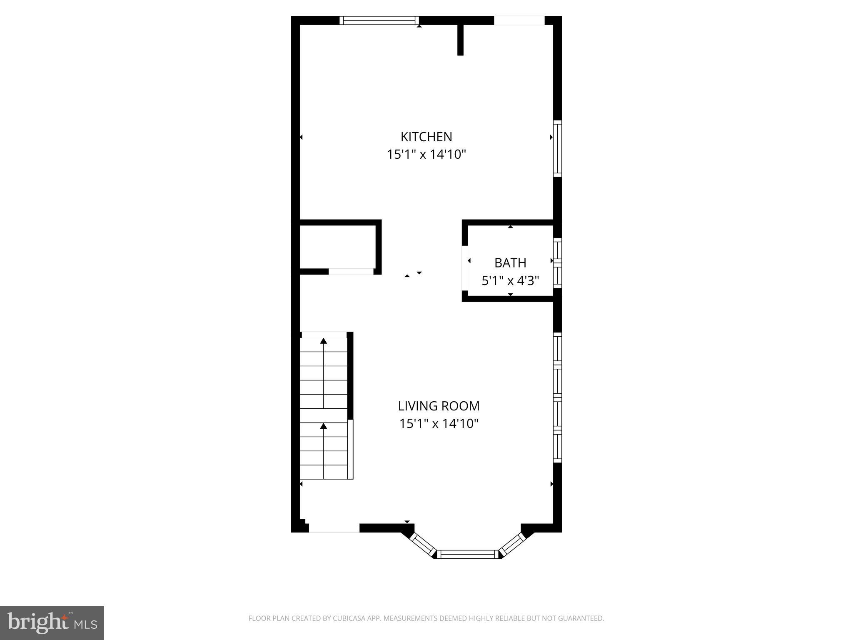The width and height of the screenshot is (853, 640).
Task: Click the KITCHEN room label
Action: point(426,137)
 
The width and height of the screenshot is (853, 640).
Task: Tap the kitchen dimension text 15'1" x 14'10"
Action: point(426,155)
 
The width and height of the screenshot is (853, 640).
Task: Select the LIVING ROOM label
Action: point(439,406)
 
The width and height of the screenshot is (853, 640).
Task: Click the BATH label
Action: point(510,263)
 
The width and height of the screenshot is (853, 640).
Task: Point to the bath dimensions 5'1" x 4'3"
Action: point(510,281)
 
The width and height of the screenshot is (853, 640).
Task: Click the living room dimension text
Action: point(439,424)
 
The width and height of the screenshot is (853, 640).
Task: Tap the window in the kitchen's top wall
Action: point(379,20)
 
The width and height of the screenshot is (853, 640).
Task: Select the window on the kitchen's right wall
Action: point(557,148)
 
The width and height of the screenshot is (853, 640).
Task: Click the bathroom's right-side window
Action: point(557,262)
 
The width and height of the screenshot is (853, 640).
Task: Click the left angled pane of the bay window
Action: point(423,544)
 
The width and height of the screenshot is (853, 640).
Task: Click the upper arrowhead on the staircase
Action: point(324,341)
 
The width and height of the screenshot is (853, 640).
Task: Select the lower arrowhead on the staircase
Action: point(324,426)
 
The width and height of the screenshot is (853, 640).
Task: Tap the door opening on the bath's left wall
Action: point(465,267)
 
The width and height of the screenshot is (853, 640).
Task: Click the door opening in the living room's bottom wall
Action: point(334,528)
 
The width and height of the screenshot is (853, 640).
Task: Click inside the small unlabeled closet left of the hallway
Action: point(337,247)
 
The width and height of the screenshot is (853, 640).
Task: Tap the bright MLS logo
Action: point(52,622)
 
